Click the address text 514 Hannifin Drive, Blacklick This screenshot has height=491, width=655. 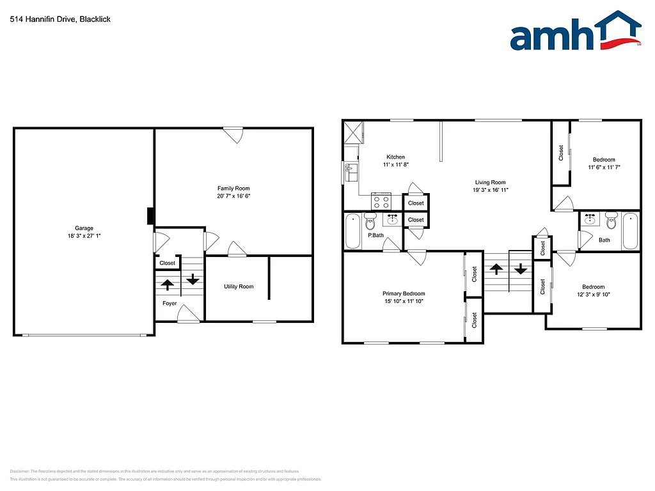point(60,19)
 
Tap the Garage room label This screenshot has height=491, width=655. point(84,228)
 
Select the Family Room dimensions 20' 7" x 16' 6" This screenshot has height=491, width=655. point(233,196)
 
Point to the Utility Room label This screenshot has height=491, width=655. point(239,286)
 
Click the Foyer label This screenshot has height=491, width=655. point(170,303)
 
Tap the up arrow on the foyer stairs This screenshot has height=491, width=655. point(168,284)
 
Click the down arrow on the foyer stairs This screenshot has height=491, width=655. point(193,279)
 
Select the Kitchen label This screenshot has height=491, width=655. point(395,157)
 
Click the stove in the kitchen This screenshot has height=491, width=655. point(381,202)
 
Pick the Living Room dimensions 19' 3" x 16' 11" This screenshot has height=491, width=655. point(490,190)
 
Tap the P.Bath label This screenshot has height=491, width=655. point(375,235)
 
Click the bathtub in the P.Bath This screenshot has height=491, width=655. point(353,231)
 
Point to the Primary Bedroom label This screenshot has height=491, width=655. point(404,293)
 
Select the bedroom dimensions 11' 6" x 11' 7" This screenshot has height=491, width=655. point(604,167)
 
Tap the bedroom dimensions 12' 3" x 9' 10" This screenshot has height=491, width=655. point(593,294)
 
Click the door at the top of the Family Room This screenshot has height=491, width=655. point(233,135)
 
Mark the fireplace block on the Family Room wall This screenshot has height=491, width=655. point(150,216)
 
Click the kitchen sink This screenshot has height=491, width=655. point(351,171)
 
